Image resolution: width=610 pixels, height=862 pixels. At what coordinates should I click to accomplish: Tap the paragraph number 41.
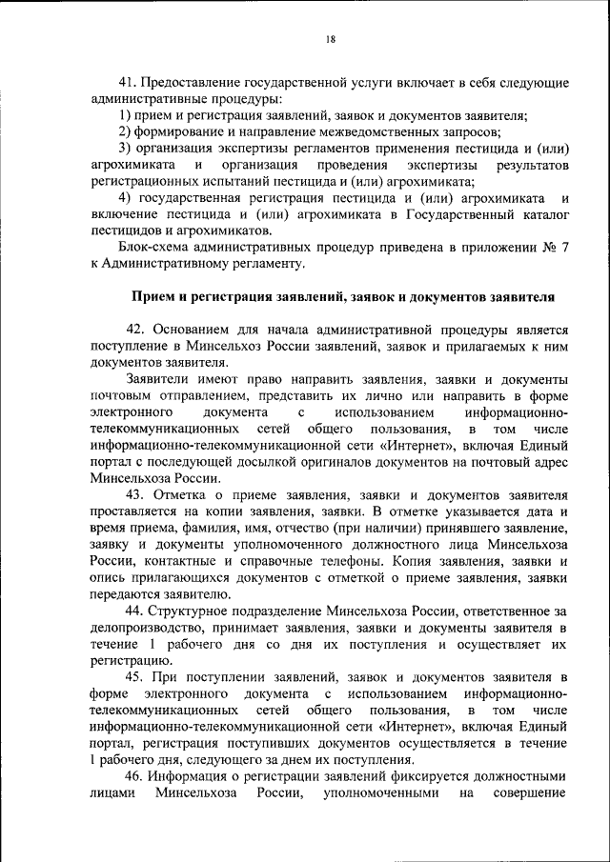coord(128,83)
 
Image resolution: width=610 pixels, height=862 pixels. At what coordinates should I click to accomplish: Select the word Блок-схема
coord(156,247)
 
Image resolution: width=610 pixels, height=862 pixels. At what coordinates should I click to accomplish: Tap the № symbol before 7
coord(547,247)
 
